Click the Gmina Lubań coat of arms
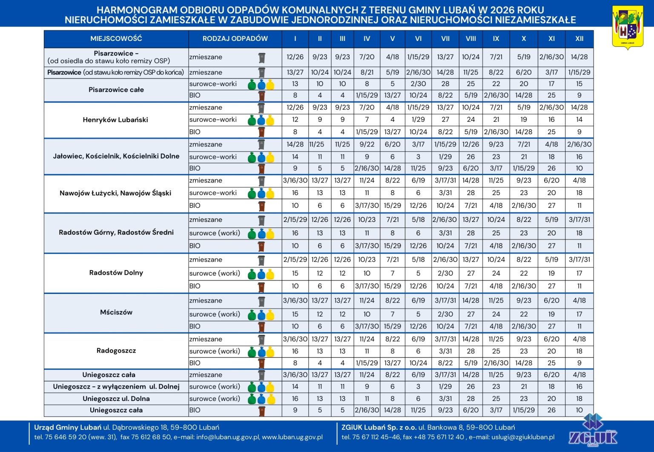coord(628,27)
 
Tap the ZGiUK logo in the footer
coord(593,430)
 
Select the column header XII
coord(579,39)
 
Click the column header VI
coord(418,39)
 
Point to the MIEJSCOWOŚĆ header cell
coord(116,39)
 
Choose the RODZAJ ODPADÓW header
coord(235,39)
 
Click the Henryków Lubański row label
coord(115,120)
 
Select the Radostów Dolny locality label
coord(116,273)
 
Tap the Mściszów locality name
coord(116,312)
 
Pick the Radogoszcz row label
coord(116,351)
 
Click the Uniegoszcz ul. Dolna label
coord(116,398)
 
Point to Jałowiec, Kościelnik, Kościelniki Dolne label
coord(116,156)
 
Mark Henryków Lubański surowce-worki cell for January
coord(295,120)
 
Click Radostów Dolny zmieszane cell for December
coord(579,259)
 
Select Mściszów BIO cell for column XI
coord(551,326)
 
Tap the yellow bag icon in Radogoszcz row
coord(270,352)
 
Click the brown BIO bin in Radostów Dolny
coord(261,287)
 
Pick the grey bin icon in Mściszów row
coord(261,301)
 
